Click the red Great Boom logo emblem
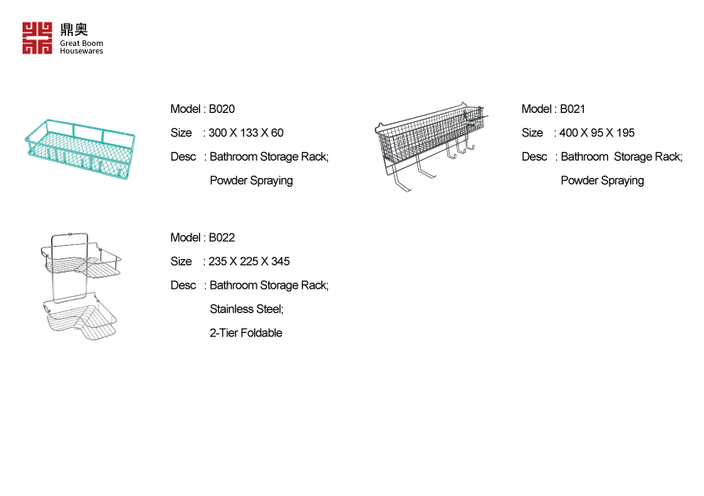click(x=37, y=38)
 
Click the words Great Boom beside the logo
click(x=81, y=43)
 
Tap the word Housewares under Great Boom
click(x=81, y=51)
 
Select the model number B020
click(x=222, y=109)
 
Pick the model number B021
click(x=573, y=109)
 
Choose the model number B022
click(x=222, y=238)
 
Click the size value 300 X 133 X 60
click(x=246, y=133)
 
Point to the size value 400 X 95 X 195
click(x=597, y=133)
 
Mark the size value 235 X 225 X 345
click(x=249, y=262)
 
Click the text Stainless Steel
click(x=247, y=309)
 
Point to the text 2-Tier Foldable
click(x=246, y=333)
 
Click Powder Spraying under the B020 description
click(x=251, y=181)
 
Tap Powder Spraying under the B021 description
click(x=602, y=181)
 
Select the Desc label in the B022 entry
click(x=183, y=285)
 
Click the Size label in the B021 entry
click(x=532, y=133)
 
